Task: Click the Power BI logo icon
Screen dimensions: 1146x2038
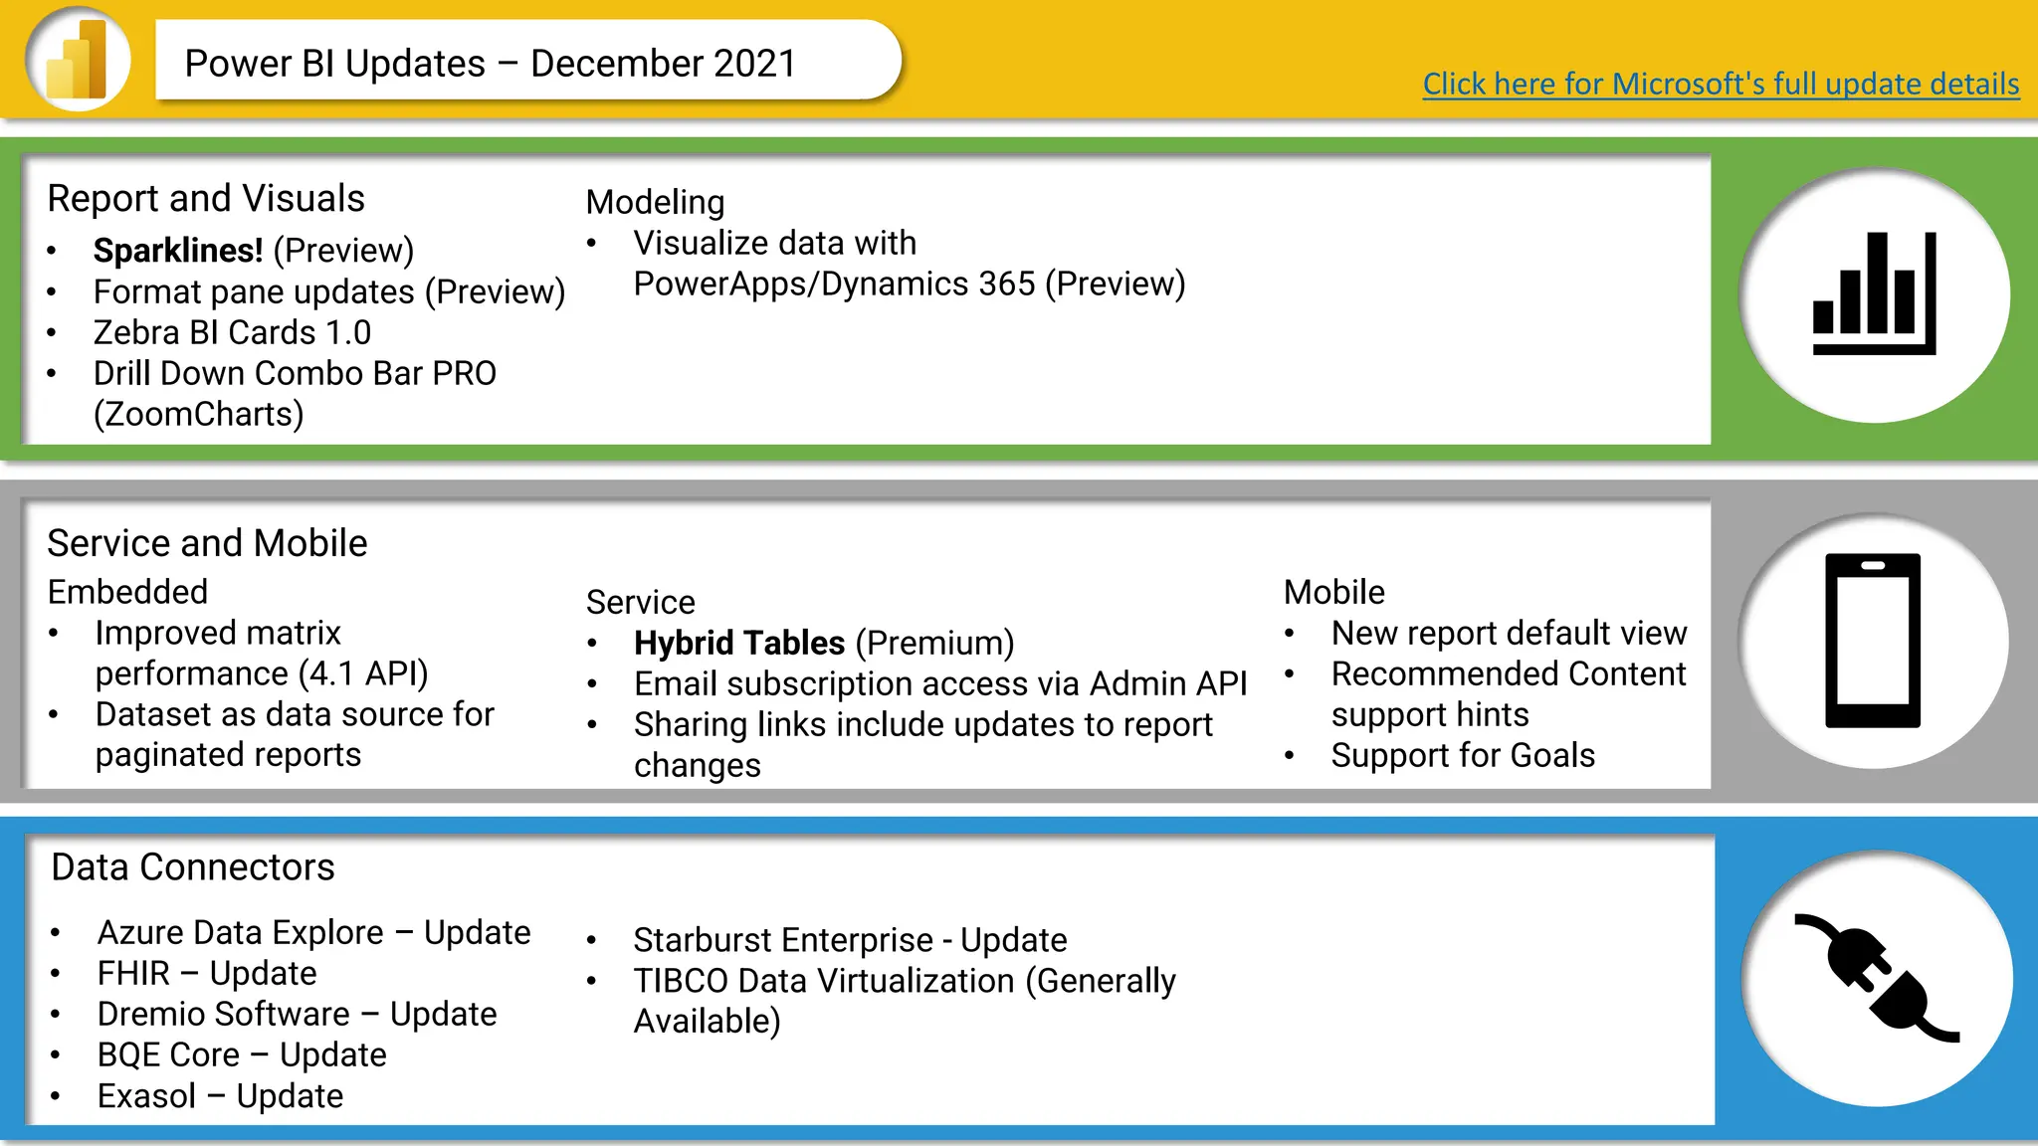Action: click(79, 60)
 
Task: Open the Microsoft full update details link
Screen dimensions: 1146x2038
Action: click(1720, 84)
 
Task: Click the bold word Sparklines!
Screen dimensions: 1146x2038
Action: click(178, 251)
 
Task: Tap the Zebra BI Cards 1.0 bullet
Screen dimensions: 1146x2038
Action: click(232, 332)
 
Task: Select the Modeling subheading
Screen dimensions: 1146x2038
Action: click(655, 202)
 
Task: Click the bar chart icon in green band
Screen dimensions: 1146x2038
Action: click(1874, 294)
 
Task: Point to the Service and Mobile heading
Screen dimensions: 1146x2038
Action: click(207, 543)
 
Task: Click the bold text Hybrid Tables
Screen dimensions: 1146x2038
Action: click(739, 643)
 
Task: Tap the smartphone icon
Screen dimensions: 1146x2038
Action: click(1872, 641)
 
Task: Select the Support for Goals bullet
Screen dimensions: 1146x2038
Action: click(1462, 755)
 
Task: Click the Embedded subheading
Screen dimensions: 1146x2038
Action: click(127, 592)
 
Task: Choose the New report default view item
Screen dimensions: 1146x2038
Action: click(1508, 633)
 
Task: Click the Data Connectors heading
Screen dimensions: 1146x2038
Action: click(193, 867)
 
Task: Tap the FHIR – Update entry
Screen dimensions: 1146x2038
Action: click(207, 973)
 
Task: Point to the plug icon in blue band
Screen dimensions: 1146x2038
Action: click(1876, 979)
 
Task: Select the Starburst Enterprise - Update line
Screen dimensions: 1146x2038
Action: click(850, 940)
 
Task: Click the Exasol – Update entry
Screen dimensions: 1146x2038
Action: click(220, 1095)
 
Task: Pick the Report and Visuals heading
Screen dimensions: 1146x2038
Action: click(206, 199)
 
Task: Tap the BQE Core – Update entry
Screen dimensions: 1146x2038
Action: click(242, 1054)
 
